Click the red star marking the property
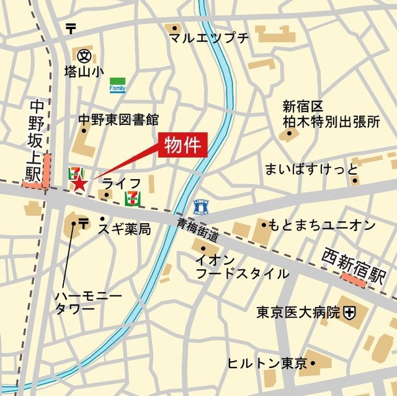click(x=79, y=183)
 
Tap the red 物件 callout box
click(x=183, y=145)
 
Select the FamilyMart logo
click(x=117, y=85)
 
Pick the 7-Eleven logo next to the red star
click(x=74, y=172)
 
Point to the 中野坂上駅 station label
click(x=33, y=142)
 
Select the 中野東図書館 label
click(x=118, y=119)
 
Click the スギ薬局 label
click(x=124, y=229)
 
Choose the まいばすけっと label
click(x=311, y=169)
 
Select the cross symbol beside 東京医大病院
click(x=351, y=312)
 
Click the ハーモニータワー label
click(x=80, y=302)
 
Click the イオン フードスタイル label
click(x=241, y=266)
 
